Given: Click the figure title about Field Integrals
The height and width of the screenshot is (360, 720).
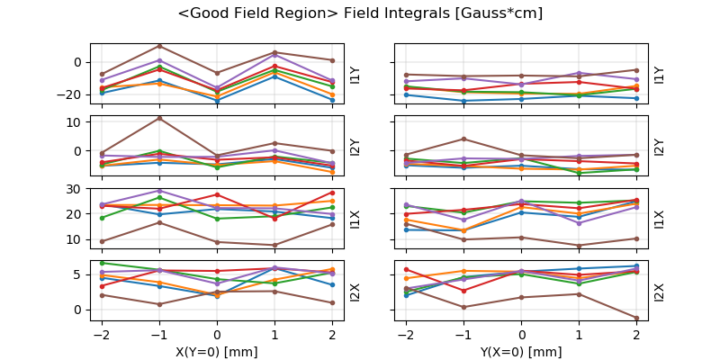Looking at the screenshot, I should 360,13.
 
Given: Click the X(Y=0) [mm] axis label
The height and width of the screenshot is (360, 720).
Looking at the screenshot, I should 216,352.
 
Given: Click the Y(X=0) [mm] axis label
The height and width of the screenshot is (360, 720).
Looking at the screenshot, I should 521,352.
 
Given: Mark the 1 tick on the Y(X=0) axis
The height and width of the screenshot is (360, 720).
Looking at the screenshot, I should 579,333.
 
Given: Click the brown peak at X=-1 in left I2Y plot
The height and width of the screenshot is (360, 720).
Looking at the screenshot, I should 159,118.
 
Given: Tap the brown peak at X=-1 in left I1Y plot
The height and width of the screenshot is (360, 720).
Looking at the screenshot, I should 159,46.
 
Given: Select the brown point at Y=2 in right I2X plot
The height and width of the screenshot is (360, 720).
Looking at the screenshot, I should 636,318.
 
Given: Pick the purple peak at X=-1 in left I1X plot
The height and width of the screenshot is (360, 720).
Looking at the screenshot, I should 159,191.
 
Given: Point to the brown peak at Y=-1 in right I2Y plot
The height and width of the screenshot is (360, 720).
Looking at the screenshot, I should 463,139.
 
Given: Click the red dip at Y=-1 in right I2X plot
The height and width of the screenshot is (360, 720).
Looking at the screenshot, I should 463,291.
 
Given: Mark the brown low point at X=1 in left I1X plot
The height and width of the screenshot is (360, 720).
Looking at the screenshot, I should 274,245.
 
